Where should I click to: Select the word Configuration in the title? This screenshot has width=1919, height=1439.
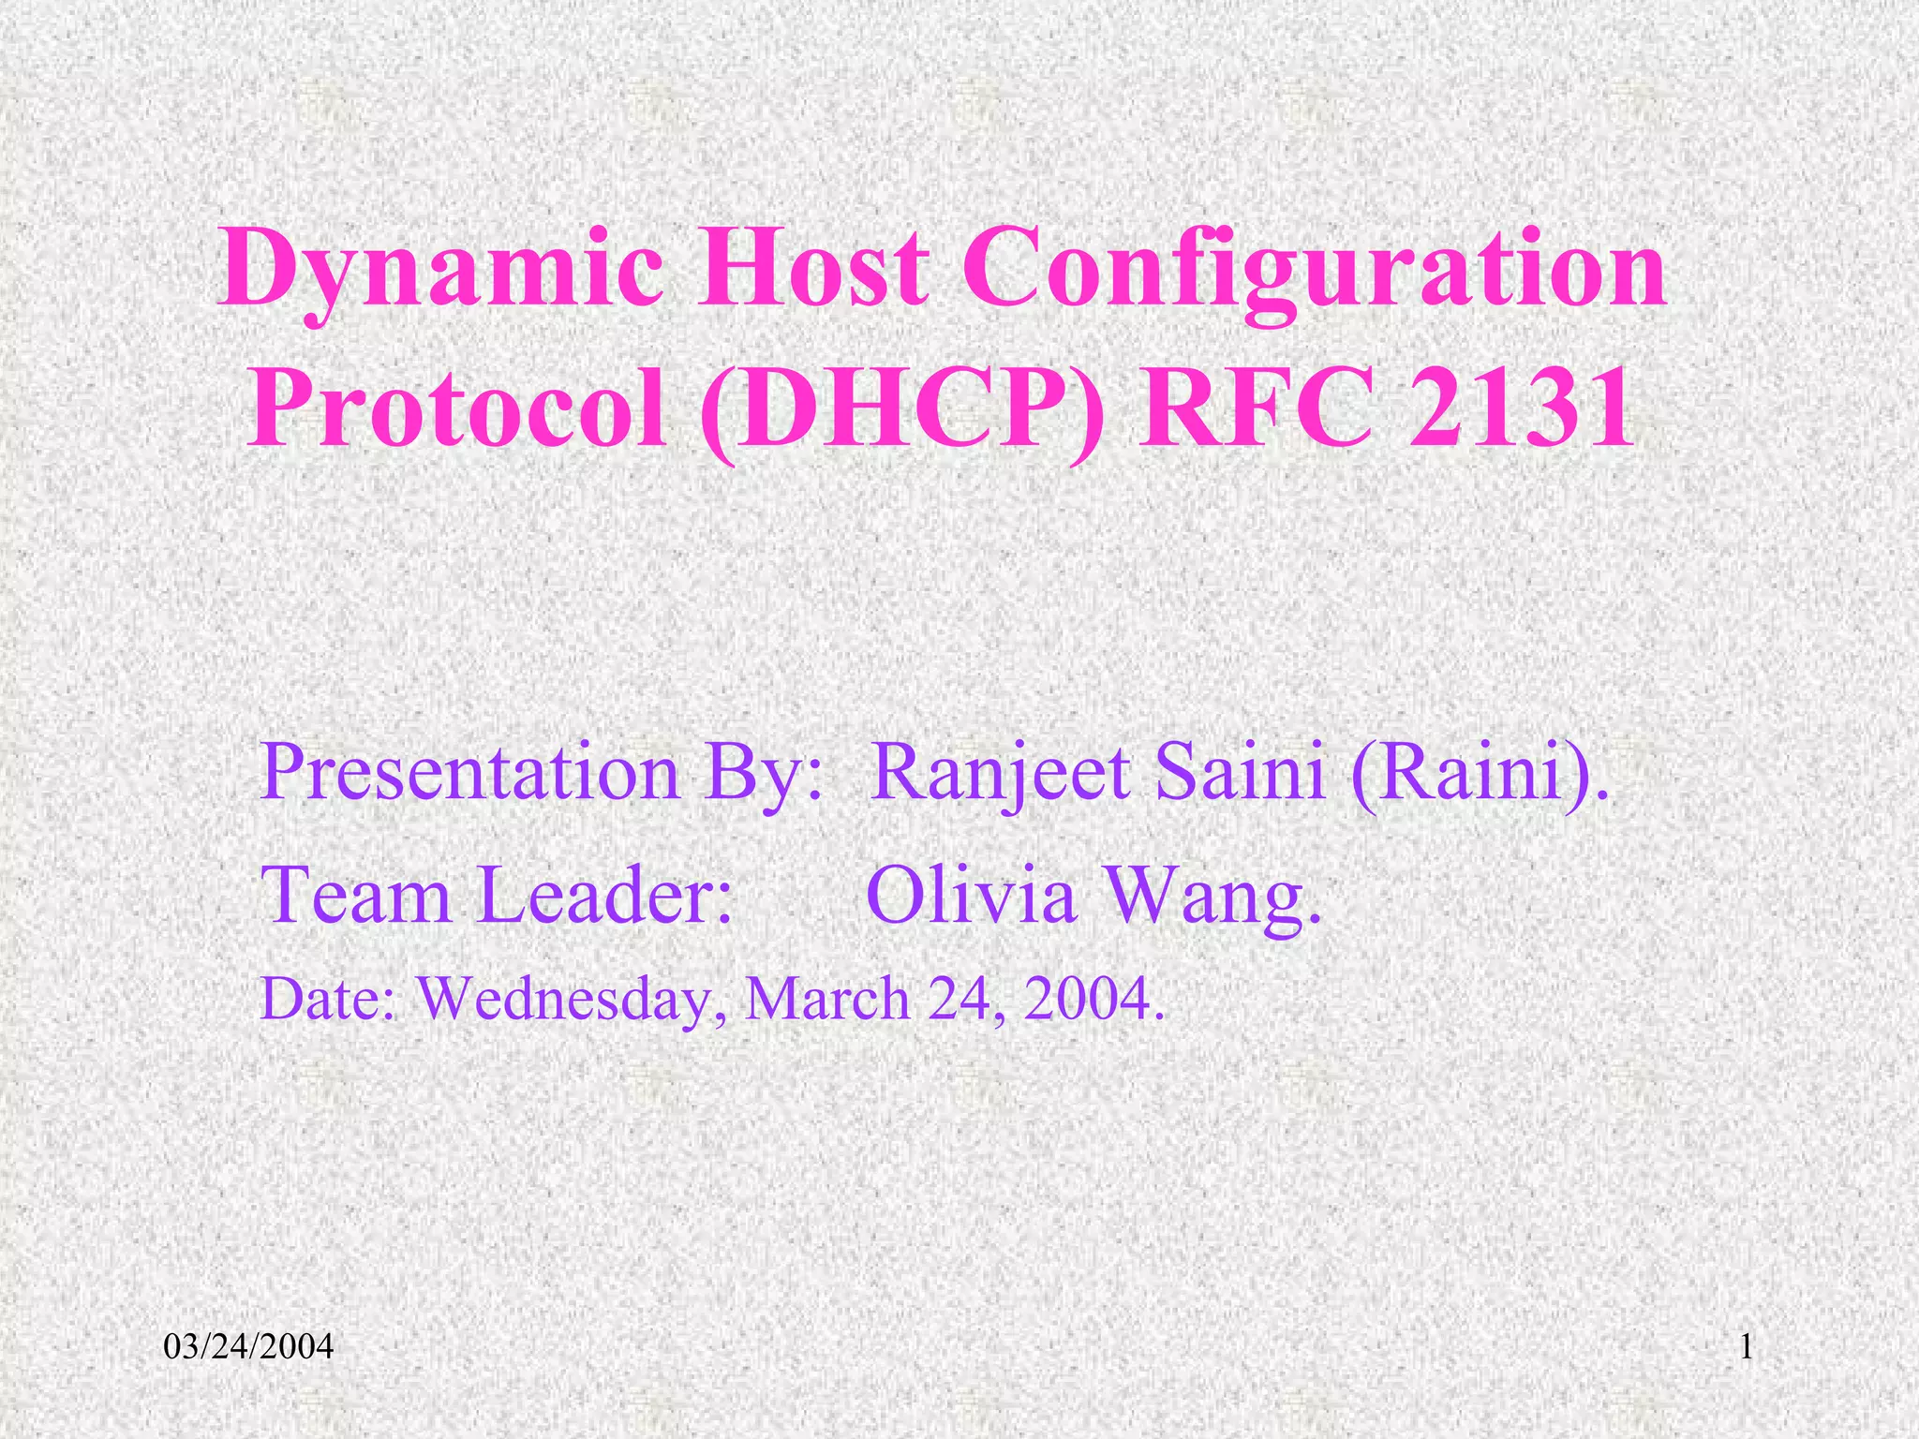pos(1315,273)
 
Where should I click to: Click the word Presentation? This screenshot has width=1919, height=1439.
pos(469,773)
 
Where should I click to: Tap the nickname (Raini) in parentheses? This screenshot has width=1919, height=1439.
pos(1478,773)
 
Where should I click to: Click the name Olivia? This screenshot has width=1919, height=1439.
pos(971,895)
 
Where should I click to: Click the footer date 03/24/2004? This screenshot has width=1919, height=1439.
pos(248,1348)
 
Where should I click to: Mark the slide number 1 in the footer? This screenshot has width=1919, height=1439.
pos(1746,1348)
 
